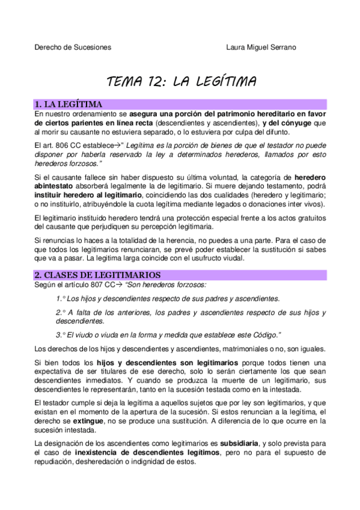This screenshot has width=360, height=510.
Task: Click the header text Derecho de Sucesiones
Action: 73,48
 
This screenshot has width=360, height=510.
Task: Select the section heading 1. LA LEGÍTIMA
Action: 68,104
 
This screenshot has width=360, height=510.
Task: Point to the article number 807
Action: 94,284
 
